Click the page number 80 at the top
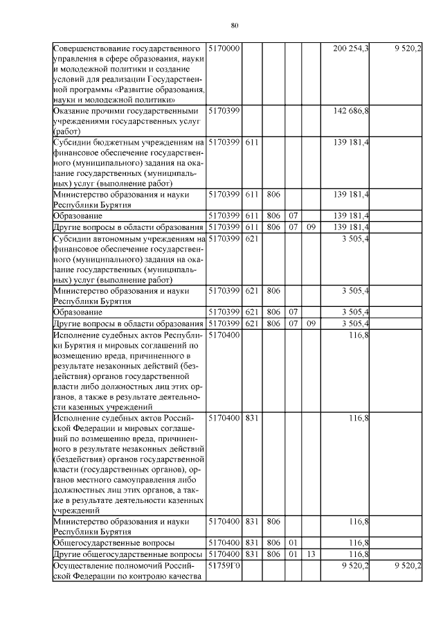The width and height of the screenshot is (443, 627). [235, 26]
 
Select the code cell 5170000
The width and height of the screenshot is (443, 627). [224, 48]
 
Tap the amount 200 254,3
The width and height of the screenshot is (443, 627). [351, 48]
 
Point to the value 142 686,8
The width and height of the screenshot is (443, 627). [351, 110]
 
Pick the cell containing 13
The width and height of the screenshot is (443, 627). [311, 554]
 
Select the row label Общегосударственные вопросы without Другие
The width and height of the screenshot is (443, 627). [114, 542]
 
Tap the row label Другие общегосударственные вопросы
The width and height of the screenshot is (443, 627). [127, 554]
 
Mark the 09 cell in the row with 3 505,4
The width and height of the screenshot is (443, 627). [311, 323]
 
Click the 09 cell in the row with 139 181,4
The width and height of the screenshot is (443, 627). [311, 227]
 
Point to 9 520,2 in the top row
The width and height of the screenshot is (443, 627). [408, 48]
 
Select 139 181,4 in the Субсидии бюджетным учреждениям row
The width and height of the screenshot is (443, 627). [351, 142]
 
